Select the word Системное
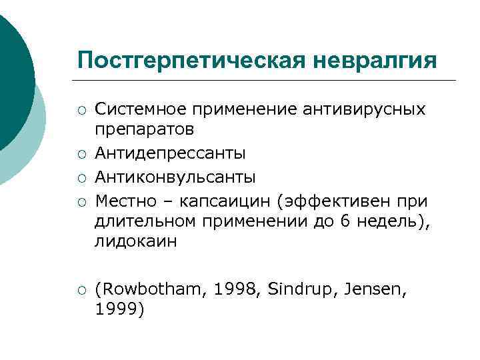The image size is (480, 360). pos(141,109)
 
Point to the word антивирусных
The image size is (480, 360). pos(361,109)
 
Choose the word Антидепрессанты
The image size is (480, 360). pos(170,154)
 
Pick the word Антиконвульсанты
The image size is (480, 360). pos(175,177)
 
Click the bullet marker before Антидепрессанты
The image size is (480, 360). pos(81,155)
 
